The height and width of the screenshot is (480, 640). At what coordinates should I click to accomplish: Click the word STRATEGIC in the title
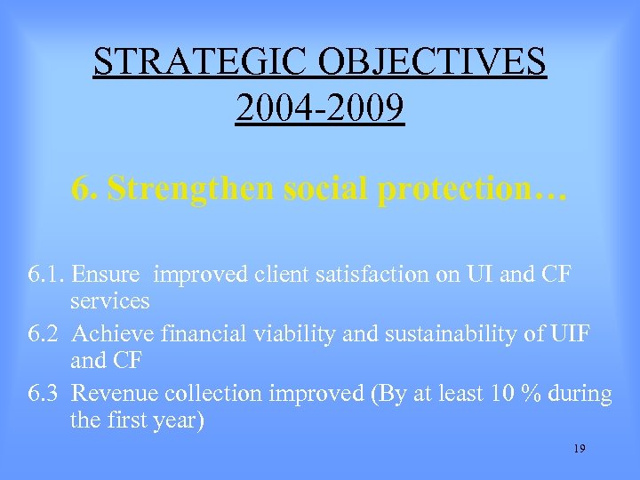click(192, 61)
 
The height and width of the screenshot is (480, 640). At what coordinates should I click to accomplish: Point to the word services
click(109, 301)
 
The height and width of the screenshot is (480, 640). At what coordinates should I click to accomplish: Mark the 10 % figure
click(509, 394)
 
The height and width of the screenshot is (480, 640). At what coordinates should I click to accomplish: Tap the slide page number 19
click(579, 450)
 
